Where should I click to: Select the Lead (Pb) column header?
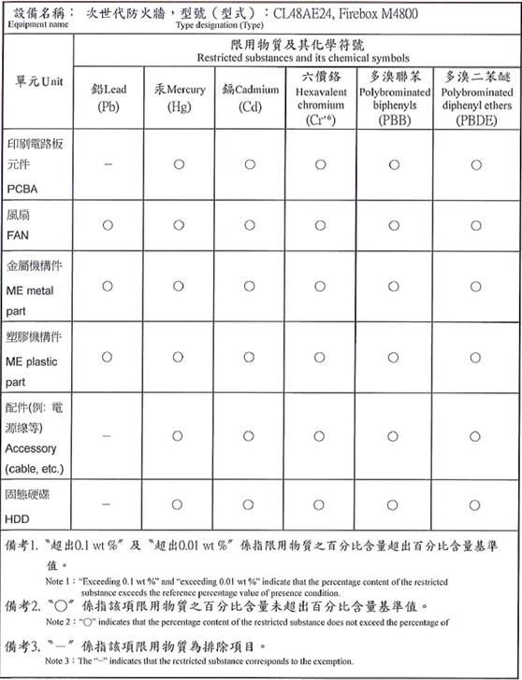109,98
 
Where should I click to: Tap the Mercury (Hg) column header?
179,98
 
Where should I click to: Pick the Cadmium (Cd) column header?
249,98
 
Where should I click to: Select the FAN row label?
19,225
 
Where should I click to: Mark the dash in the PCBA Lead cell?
109,164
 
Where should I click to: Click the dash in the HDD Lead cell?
109,504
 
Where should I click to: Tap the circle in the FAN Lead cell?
109,225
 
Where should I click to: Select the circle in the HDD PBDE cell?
475,504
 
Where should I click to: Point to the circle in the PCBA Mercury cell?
179,164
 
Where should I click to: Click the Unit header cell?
38,81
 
